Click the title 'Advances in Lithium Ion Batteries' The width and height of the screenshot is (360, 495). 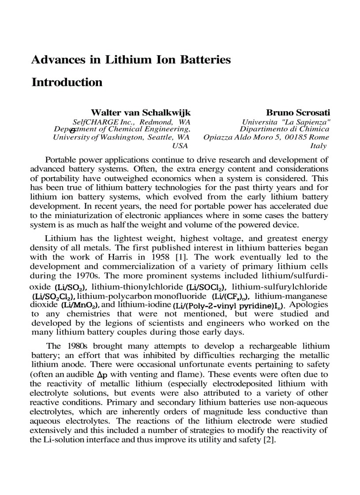(131, 60)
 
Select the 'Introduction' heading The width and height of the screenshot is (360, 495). (67, 82)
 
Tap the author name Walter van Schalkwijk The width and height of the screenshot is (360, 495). (140, 113)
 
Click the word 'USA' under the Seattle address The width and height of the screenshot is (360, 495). (180, 146)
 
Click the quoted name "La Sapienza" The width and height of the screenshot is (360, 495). (307, 121)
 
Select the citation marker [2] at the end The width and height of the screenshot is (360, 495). (269, 440)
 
